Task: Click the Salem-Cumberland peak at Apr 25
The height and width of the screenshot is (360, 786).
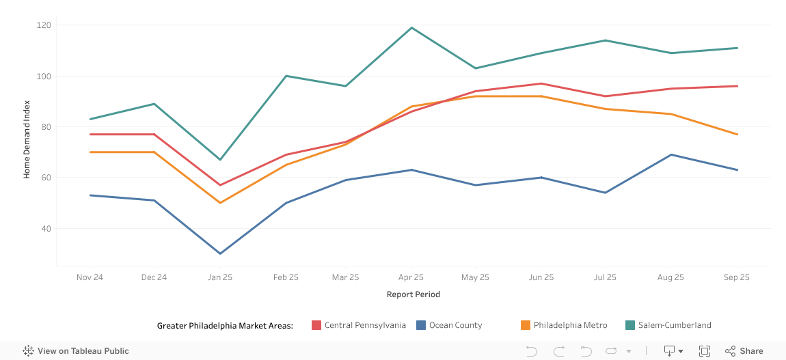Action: tap(411, 27)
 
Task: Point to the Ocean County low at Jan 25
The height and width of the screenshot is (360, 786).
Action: tap(220, 253)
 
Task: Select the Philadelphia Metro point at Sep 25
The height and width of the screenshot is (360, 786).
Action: tap(737, 135)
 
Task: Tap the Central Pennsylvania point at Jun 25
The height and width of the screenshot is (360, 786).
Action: tap(541, 83)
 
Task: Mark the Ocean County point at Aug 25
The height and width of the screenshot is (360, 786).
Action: tap(670, 154)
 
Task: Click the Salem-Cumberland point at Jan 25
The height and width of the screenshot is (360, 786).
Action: tap(220, 160)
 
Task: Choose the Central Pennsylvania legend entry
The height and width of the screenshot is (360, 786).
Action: tap(359, 325)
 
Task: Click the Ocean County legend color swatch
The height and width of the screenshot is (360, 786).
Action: tap(421, 325)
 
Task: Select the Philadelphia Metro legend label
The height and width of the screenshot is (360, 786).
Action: tap(570, 325)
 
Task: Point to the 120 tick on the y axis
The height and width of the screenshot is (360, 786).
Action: tap(46, 25)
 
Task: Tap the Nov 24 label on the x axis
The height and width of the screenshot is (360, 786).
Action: tap(90, 277)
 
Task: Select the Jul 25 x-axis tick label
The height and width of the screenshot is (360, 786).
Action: tap(605, 277)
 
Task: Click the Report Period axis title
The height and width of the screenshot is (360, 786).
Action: tap(413, 294)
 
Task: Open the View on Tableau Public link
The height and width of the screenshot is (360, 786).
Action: tap(76, 351)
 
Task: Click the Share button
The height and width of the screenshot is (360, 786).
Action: tap(744, 351)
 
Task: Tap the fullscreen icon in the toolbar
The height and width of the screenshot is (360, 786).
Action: tap(704, 351)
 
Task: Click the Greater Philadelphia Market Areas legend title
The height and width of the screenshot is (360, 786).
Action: tap(225, 325)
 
